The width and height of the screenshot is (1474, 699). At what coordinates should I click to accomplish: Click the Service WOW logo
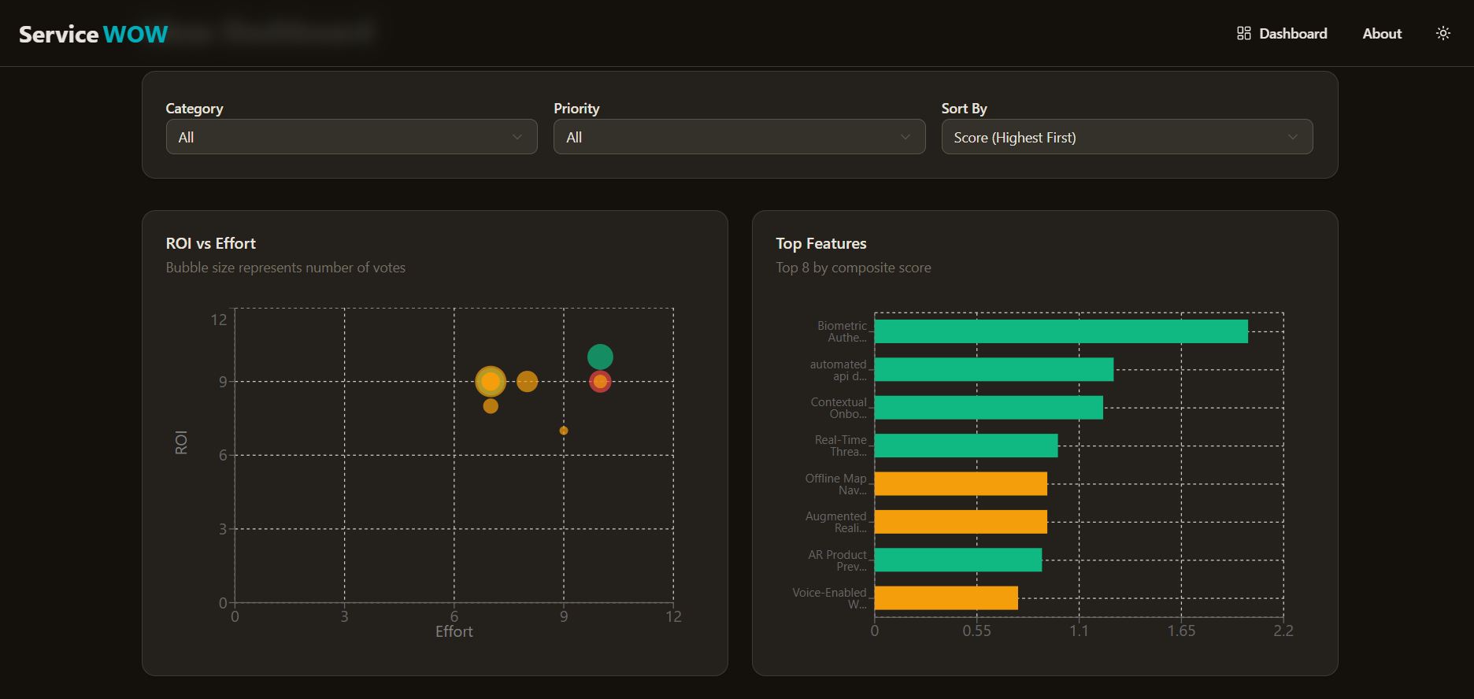93,34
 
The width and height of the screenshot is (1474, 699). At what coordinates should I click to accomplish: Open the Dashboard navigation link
1282,34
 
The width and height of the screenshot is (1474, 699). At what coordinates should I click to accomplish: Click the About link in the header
1382,34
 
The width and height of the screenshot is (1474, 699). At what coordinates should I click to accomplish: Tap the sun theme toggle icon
1443,33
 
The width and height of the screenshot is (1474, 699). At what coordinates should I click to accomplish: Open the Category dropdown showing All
351,137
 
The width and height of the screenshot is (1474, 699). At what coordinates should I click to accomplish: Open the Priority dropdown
739,137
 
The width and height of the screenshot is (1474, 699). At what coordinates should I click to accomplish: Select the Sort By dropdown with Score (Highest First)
1127,137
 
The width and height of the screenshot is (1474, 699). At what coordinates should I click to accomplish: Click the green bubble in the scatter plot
600,357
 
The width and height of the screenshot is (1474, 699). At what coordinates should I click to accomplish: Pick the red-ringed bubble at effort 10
600,382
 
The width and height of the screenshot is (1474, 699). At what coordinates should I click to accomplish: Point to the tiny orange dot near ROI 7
564,431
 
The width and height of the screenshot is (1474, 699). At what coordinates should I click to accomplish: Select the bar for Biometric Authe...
1061,331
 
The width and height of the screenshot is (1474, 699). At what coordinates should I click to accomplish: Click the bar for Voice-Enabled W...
946,598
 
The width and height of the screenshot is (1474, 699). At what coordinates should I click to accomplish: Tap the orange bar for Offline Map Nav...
961,484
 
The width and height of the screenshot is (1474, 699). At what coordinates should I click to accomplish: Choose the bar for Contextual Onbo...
988,408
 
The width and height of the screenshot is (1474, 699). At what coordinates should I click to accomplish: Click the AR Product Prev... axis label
837,560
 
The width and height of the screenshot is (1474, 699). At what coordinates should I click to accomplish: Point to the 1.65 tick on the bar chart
1181,631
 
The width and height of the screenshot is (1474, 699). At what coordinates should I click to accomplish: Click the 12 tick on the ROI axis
219,320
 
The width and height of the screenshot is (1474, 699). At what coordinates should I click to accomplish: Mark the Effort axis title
454,632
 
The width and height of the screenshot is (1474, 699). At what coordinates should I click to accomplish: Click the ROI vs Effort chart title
211,244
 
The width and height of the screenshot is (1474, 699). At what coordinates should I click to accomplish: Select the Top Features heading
821,244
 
